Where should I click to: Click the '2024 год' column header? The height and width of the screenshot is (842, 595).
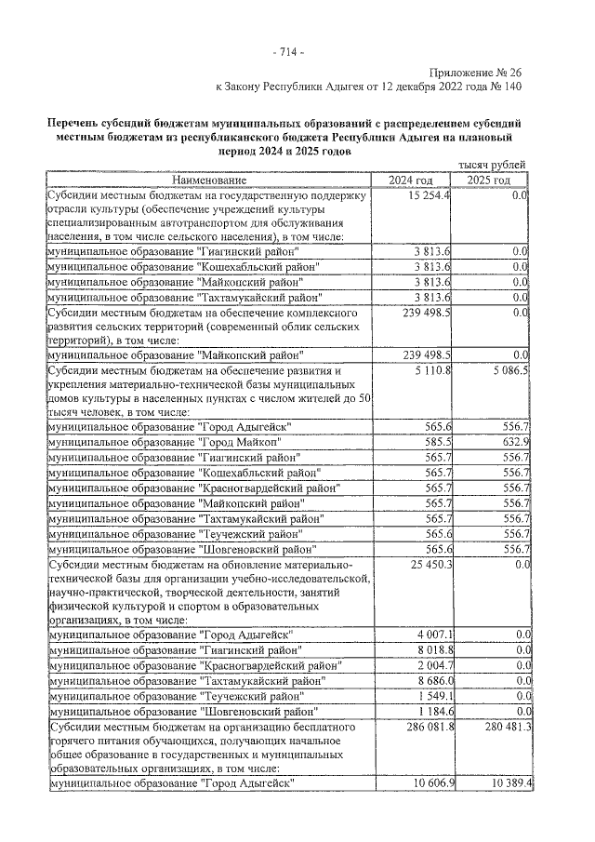coord(411,180)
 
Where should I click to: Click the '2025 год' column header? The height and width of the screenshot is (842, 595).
coord(489,180)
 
